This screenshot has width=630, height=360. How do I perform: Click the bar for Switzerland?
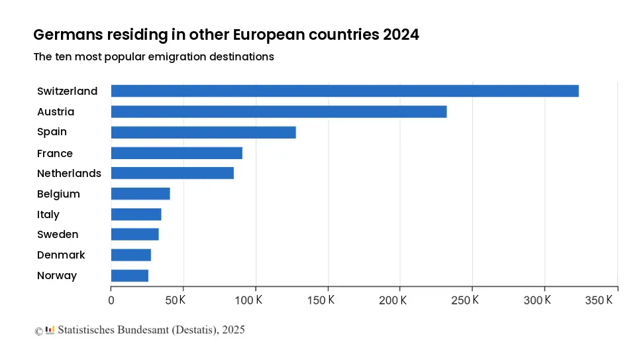344,91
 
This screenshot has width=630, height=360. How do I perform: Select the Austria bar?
278,111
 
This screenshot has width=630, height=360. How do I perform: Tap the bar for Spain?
203,132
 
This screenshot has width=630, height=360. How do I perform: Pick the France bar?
176,153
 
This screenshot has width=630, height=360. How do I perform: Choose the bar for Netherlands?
172,173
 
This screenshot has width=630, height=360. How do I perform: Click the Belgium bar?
140,194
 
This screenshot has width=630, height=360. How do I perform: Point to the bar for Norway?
130,275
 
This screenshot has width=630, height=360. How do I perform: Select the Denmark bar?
131,255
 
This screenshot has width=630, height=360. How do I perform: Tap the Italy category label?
48,214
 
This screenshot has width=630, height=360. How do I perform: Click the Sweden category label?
58,234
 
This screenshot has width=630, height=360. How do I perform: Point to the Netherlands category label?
69,173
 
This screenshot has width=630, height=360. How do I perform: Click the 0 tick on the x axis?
111,300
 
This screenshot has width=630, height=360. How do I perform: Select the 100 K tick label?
250,300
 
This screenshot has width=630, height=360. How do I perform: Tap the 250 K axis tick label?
466,300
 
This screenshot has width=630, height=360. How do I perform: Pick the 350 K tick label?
600,300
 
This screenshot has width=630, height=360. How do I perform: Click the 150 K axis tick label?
321,300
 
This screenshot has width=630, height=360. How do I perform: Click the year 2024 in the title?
400,34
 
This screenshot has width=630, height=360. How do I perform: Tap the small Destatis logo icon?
50,330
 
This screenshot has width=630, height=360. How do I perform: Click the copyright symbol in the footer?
38,330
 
